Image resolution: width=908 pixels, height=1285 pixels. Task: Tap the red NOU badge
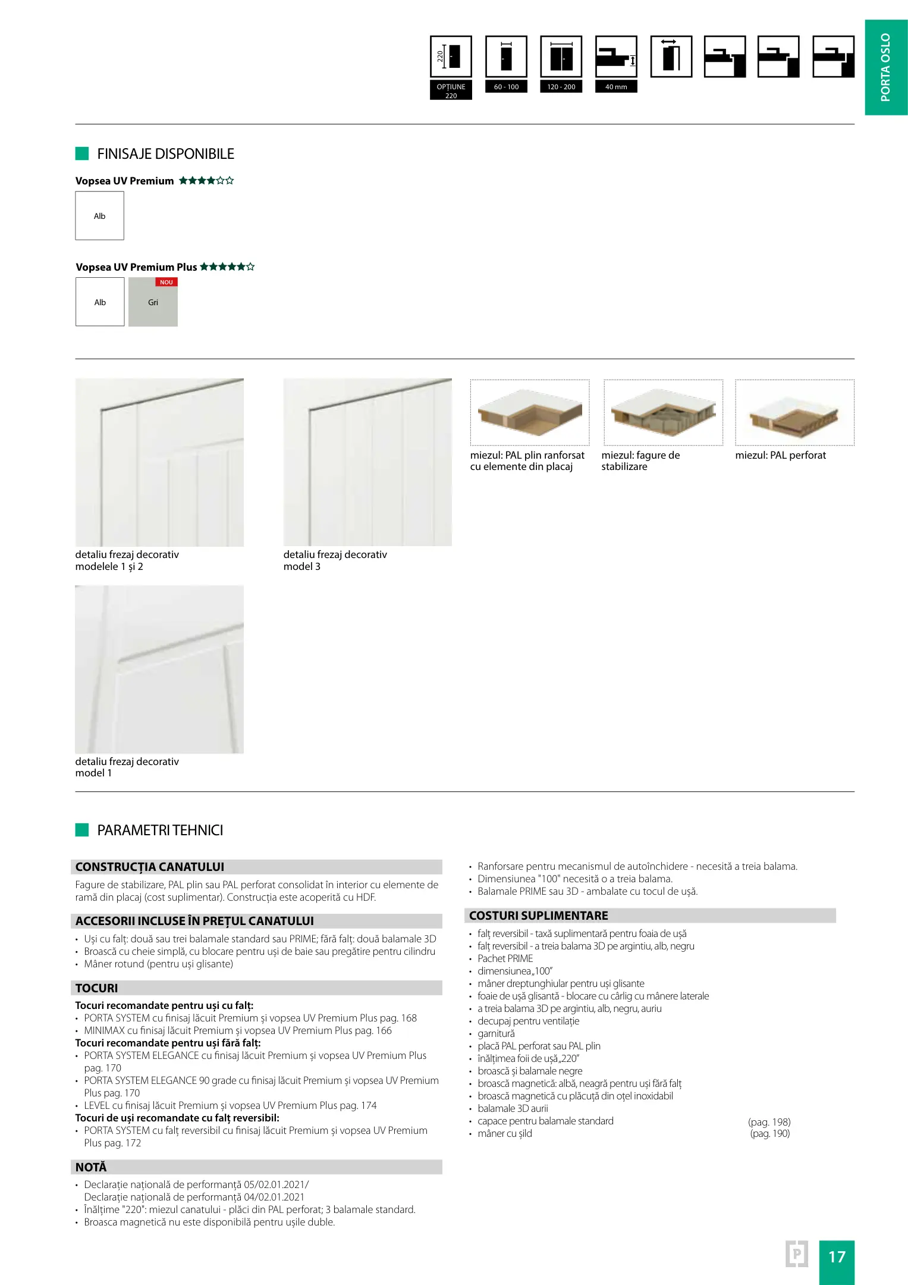pos(166,283)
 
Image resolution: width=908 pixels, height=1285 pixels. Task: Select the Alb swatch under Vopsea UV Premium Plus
pos(100,302)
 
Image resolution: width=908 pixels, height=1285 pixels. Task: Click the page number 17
pos(836,1256)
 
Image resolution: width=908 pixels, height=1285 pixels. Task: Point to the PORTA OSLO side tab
pos(885,67)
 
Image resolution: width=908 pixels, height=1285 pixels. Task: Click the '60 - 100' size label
pos(506,87)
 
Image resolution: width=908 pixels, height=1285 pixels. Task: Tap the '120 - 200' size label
pos(561,87)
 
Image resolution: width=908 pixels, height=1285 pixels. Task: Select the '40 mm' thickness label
pos(616,87)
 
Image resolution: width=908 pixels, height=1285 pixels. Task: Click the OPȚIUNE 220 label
pos(451,90)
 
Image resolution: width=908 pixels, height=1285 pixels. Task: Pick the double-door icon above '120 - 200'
pos(561,57)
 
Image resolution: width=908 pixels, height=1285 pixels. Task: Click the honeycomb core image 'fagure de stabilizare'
pos(663,412)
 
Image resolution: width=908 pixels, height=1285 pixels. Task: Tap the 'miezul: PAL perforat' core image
pos(794,412)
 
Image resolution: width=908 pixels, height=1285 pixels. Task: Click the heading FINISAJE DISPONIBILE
pos(165,154)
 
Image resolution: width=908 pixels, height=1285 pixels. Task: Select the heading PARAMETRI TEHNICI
pos(160,830)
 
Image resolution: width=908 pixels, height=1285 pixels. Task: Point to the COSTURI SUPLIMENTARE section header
pos(538,916)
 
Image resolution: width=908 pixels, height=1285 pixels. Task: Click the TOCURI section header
pos(97,988)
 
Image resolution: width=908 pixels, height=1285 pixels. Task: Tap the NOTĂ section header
pos(91,1167)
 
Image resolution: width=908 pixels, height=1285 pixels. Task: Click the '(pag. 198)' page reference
pos(769,1122)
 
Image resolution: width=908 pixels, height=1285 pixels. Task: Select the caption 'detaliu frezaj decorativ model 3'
pos(335,560)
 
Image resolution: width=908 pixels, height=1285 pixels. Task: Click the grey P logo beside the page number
pos(797,1255)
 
